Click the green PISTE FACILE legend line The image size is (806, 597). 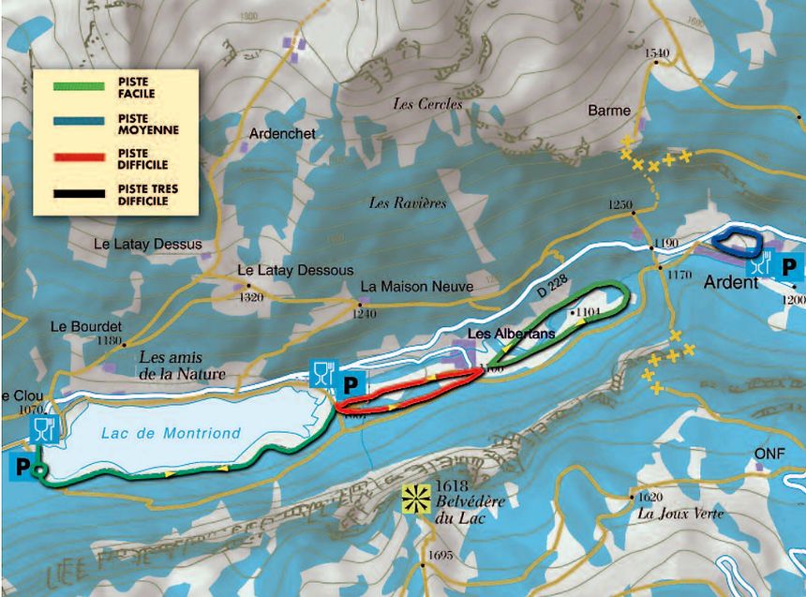(76, 85)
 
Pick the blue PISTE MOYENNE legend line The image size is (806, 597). (76, 123)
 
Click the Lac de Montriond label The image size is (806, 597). (170, 433)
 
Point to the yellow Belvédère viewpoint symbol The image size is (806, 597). (413, 497)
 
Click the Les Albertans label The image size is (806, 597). (511, 333)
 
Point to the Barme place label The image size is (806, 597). (608, 111)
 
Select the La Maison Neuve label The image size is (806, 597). (416, 286)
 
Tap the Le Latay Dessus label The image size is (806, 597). (148, 244)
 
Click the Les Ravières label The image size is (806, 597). (408, 202)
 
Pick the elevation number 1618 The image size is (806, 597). (451, 487)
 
